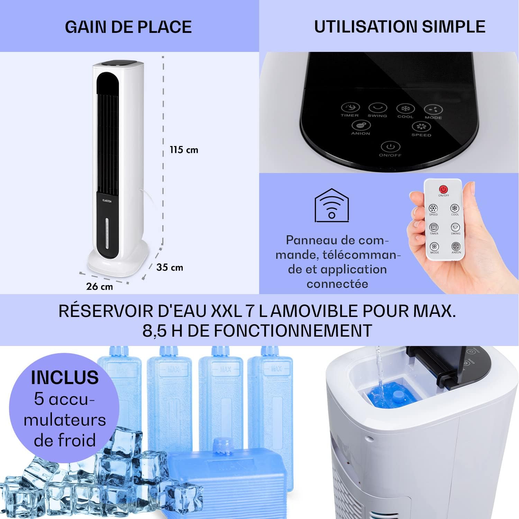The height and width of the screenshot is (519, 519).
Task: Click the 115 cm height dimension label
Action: [184, 150]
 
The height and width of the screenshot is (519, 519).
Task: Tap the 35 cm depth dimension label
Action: [170, 267]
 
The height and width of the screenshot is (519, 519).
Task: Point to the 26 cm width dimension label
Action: [100, 286]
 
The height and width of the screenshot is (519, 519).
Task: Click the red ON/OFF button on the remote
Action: [444, 189]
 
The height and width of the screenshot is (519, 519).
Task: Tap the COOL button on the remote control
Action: [455, 208]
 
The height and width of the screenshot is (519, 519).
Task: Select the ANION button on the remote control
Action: [456, 246]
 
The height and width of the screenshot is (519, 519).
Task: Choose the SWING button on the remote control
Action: [455, 227]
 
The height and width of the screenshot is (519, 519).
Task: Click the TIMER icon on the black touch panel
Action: [350, 107]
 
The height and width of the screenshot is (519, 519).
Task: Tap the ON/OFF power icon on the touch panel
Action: [390, 147]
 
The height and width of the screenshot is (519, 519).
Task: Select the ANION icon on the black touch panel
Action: [361, 125]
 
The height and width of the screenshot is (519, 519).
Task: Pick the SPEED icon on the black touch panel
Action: [421, 127]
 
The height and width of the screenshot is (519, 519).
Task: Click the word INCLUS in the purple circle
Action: [65, 377]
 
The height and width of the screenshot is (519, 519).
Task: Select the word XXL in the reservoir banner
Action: [226, 311]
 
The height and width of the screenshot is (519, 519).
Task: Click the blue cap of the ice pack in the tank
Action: [398, 397]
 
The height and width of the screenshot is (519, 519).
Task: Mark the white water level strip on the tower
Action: [107, 234]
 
